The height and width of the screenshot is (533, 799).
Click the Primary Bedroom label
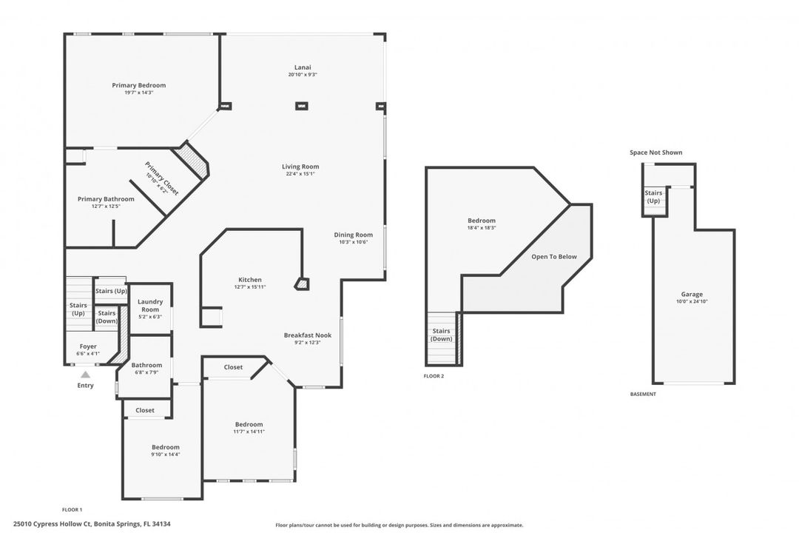click(x=138, y=85)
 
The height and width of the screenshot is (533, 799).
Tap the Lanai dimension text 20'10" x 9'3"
click(x=303, y=75)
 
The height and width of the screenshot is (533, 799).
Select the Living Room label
click(x=300, y=167)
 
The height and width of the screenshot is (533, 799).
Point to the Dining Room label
click(x=354, y=235)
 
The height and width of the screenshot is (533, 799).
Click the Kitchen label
click(x=249, y=280)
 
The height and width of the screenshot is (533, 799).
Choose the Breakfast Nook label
click(x=308, y=335)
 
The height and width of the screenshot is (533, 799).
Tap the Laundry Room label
click(x=150, y=306)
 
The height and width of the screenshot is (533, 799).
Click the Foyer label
click(x=88, y=346)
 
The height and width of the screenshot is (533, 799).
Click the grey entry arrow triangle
click(x=85, y=375)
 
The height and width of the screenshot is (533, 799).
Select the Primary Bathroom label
click(x=106, y=199)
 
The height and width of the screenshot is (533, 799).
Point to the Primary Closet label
click(x=162, y=178)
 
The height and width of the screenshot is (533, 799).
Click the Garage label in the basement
click(x=692, y=294)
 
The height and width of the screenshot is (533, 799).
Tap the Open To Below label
click(x=553, y=257)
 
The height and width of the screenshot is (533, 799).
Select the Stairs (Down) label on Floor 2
click(x=442, y=335)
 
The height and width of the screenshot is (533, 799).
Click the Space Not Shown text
click(x=655, y=152)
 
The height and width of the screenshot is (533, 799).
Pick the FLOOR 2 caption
click(x=434, y=376)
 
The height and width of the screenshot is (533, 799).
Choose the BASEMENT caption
click(x=643, y=394)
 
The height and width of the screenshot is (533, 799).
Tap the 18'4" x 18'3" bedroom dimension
click(x=482, y=228)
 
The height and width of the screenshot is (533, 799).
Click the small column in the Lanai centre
click(x=302, y=107)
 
